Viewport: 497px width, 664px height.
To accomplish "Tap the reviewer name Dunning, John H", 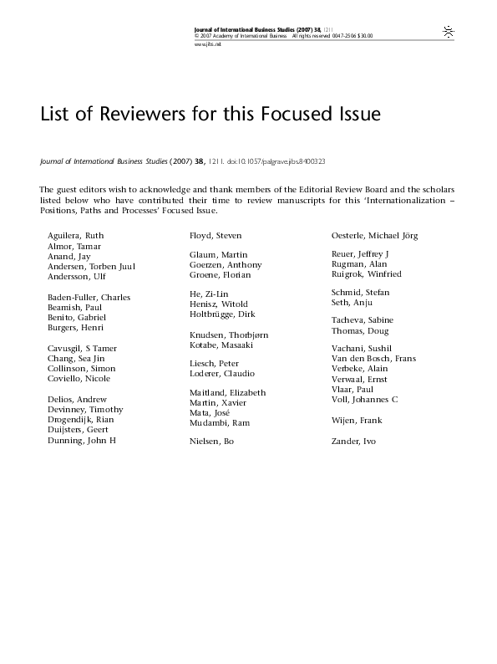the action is tap(81, 440).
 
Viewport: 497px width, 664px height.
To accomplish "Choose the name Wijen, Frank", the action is tap(358, 420).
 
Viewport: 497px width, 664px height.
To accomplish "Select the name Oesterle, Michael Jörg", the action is tap(378, 237).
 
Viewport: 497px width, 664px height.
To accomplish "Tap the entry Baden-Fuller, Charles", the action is tap(89, 297).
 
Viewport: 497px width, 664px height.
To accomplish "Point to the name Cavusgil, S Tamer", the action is tap(82, 348).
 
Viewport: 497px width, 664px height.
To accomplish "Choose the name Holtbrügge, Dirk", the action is tap(222, 314).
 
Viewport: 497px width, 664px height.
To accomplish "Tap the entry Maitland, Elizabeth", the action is tap(228, 392).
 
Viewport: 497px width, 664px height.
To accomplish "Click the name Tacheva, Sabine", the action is tap(363, 320).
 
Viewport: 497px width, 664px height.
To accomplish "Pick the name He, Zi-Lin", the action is tap(208, 294).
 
